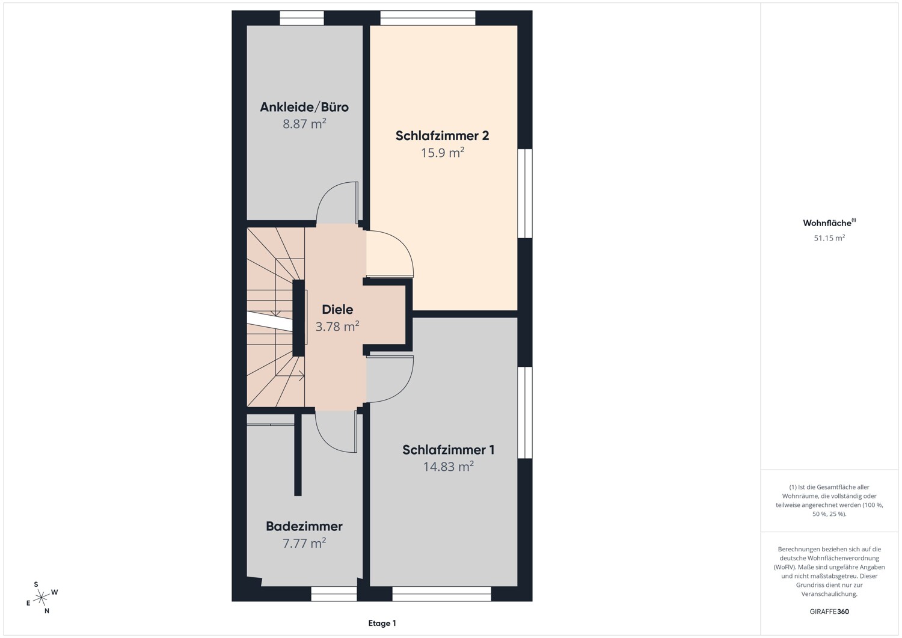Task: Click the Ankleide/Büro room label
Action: click(x=304, y=107)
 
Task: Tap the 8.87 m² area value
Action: click(x=304, y=124)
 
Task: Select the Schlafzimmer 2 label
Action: click(x=442, y=136)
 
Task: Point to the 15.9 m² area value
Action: click(x=442, y=153)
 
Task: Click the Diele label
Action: click(x=337, y=309)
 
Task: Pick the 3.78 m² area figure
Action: click(x=337, y=327)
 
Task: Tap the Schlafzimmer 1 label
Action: click(x=448, y=450)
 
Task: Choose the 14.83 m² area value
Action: click(x=448, y=467)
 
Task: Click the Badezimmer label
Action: click(x=304, y=526)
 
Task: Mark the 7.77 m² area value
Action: click(x=304, y=544)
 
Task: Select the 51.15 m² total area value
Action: click(x=829, y=238)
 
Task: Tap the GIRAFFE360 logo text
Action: click(x=829, y=612)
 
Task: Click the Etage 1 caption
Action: click(x=382, y=623)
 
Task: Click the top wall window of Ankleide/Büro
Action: click(x=302, y=18)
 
